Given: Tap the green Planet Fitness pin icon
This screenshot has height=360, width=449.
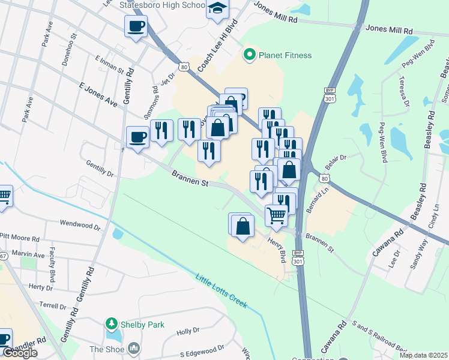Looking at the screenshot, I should coord(249,55).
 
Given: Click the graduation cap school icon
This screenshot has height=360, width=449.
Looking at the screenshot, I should coord(217,9).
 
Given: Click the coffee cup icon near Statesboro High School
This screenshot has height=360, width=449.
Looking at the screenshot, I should coord(136,26).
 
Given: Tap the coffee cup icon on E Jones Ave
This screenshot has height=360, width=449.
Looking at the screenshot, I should coord(138,137).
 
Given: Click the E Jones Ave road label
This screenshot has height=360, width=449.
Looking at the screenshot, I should coord(98,94).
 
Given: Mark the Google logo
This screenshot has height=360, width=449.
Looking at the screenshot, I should coord(20,353).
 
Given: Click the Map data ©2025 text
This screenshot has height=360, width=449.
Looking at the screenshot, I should coord(423,355).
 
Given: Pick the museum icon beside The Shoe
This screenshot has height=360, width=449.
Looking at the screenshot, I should coord(134,348).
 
